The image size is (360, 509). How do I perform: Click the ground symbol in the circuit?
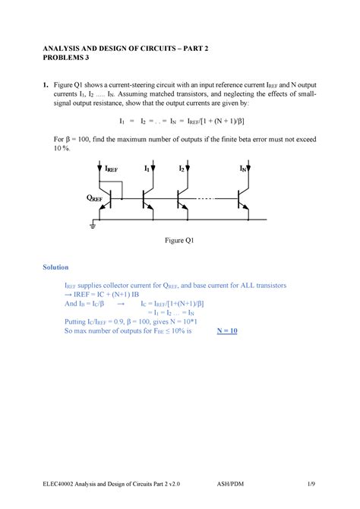[94, 226]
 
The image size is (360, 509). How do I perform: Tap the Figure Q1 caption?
[181, 240]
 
